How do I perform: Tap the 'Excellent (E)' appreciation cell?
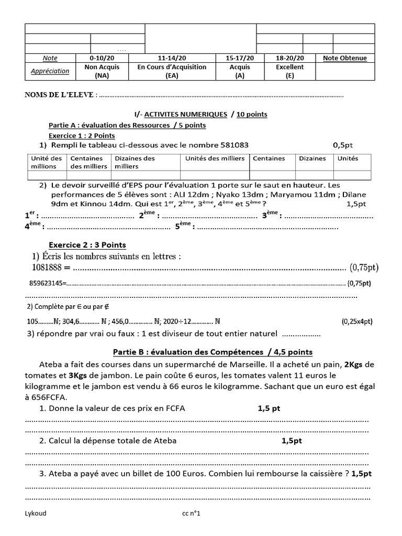coord(291,71)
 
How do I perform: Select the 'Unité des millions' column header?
coord(47,162)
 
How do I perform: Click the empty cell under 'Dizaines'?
coord(312,175)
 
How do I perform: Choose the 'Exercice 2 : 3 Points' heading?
coord(87,245)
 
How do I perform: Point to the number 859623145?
coord(46,284)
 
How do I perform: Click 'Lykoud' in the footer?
coord(36,513)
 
